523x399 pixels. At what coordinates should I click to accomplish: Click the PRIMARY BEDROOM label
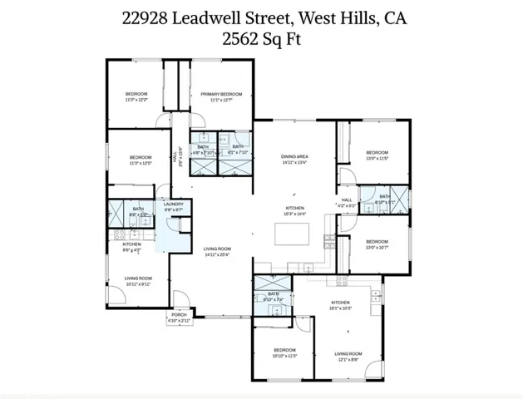pyautogui.click(x=221, y=95)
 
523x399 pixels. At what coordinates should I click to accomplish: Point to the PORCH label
pyautogui.click(x=179, y=315)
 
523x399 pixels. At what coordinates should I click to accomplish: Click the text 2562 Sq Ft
pyautogui.click(x=261, y=38)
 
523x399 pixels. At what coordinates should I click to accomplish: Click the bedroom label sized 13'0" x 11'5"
pyautogui.click(x=377, y=153)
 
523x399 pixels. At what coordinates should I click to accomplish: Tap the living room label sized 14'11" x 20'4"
pyautogui.click(x=218, y=249)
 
